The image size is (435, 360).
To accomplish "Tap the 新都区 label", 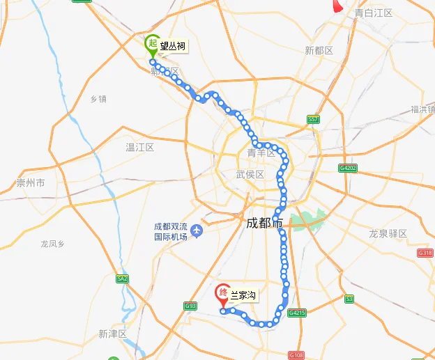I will point(319,51).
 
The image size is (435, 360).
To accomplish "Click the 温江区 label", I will point(139,148).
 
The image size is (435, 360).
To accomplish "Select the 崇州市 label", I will point(30,183).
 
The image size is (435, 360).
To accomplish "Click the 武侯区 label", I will point(250,174).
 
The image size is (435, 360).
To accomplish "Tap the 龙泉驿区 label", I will point(388,234).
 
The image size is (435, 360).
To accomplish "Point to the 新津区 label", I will point(112,334).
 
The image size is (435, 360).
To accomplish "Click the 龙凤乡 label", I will point(52,244).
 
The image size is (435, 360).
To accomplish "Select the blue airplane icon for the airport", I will point(197,230).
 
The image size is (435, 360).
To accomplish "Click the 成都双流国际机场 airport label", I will point(171,231).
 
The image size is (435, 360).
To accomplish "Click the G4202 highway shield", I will point(347,168).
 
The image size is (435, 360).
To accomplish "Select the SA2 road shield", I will point(123,279).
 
